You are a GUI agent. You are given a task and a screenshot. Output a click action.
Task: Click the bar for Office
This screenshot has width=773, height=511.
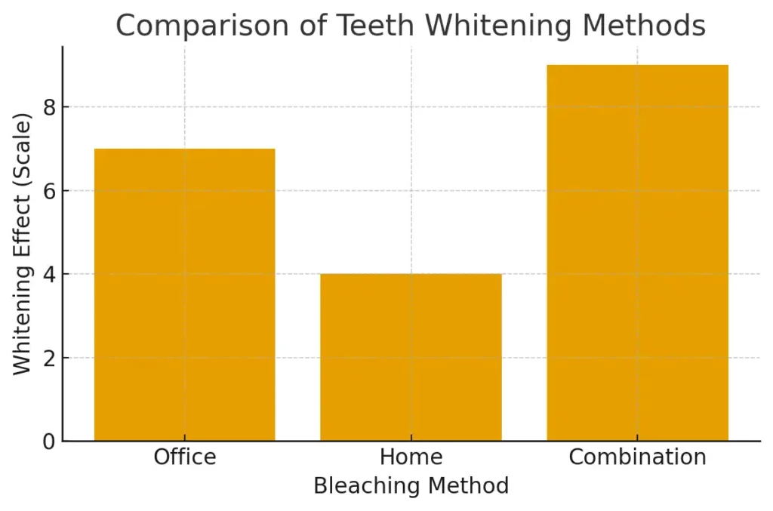click(184, 294)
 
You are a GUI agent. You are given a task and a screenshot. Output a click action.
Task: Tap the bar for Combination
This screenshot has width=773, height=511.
click(637, 253)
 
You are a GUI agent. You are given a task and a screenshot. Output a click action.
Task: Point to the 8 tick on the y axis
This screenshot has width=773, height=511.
click(51, 107)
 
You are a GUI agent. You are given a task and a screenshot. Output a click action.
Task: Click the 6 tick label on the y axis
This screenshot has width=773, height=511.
click(51, 191)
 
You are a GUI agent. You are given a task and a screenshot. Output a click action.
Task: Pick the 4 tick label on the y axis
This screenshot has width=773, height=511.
click(51, 274)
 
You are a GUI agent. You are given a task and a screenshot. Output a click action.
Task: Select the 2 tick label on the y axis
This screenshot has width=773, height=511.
click(51, 358)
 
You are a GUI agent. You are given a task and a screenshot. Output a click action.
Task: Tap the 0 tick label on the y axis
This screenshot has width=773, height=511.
click(51, 441)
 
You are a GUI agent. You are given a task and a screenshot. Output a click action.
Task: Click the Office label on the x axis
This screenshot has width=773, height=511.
click(184, 457)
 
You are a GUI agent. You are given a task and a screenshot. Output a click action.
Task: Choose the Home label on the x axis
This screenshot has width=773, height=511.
click(411, 457)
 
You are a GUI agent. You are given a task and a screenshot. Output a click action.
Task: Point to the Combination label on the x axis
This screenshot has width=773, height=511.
click(637, 457)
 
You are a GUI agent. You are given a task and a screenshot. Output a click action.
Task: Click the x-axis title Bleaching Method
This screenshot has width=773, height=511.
click(411, 485)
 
